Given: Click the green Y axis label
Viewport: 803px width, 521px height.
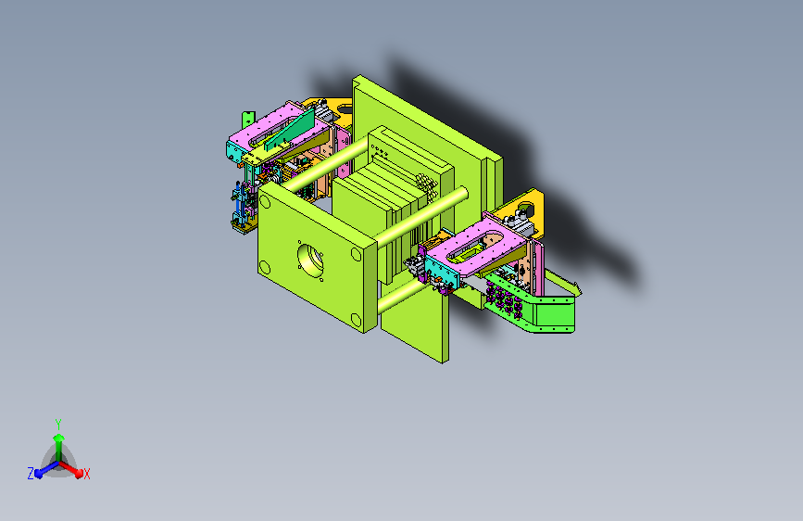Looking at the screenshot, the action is click(58, 425).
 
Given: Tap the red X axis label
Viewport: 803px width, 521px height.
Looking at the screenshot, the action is click(86, 475).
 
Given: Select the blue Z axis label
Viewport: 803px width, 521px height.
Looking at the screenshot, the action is click(31, 474).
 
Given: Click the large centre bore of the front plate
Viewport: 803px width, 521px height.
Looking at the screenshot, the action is click(310, 259).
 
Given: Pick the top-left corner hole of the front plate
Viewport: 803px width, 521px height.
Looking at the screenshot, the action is click(265, 201).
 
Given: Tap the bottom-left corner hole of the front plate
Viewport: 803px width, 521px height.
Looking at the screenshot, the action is click(265, 267).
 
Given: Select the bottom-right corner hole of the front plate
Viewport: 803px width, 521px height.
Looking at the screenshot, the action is click(356, 321).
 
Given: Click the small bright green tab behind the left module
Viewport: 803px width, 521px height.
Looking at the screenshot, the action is click(248, 120).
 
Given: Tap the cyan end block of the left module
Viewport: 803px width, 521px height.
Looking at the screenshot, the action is click(233, 152).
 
